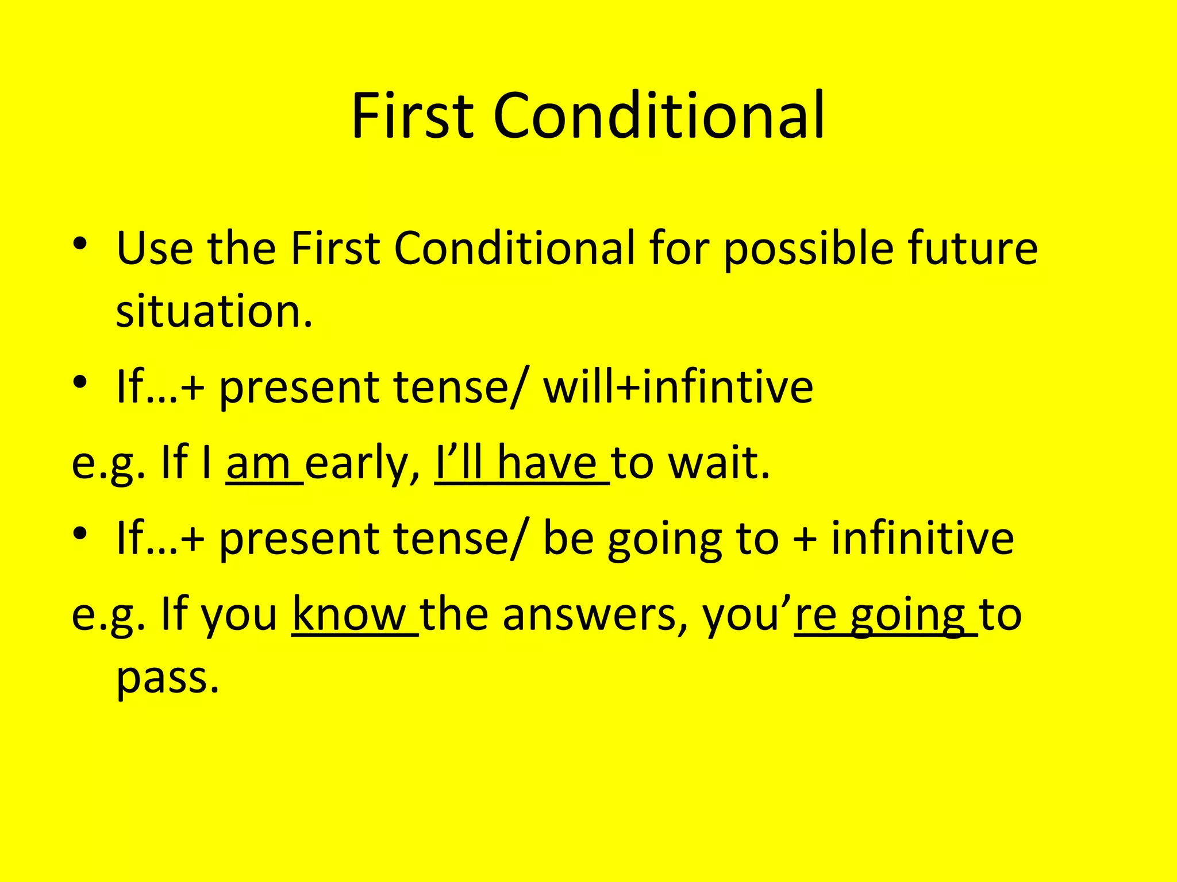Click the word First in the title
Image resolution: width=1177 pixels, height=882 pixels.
click(x=412, y=117)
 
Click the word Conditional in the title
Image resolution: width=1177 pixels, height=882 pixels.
click(x=659, y=117)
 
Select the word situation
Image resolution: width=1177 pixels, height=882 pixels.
click(x=214, y=312)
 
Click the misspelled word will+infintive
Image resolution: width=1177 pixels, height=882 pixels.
click(x=678, y=387)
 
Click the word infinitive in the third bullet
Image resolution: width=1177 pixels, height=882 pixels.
click(x=922, y=539)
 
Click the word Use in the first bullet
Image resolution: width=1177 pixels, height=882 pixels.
click(x=155, y=249)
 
